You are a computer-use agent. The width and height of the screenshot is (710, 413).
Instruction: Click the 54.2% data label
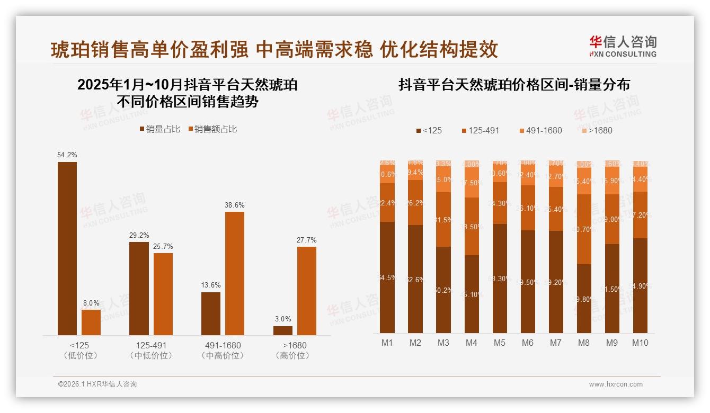click(67, 155)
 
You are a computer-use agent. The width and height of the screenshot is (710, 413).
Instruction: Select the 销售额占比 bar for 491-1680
click(235, 273)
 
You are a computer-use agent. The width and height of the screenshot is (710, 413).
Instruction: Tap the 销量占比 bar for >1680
click(283, 330)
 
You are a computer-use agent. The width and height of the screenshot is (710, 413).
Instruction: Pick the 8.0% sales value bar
click(91, 322)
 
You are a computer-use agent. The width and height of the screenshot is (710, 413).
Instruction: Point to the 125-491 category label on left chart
click(151, 346)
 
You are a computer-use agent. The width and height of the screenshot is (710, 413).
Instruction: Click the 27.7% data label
click(307, 240)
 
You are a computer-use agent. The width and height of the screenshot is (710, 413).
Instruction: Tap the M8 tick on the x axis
click(583, 343)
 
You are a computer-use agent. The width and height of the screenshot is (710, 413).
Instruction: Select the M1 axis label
click(387, 343)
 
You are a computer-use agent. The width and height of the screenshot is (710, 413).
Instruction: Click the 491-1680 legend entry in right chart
click(540, 130)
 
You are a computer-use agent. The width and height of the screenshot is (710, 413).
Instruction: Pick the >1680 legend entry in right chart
click(596, 130)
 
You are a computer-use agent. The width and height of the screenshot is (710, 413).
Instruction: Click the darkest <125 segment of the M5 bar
click(500, 279)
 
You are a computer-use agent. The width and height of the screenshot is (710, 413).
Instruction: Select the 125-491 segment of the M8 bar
click(583, 229)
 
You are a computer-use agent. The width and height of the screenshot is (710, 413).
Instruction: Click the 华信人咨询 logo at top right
click(623, 46)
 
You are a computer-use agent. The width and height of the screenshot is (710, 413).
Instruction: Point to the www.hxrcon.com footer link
click(616, 384)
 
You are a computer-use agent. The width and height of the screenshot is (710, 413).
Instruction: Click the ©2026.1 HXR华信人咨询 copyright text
click(97, 384)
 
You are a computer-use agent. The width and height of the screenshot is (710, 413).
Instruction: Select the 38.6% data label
click(235, 205)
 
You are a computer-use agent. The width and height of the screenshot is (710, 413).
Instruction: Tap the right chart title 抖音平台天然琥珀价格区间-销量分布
click(514, 85)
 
